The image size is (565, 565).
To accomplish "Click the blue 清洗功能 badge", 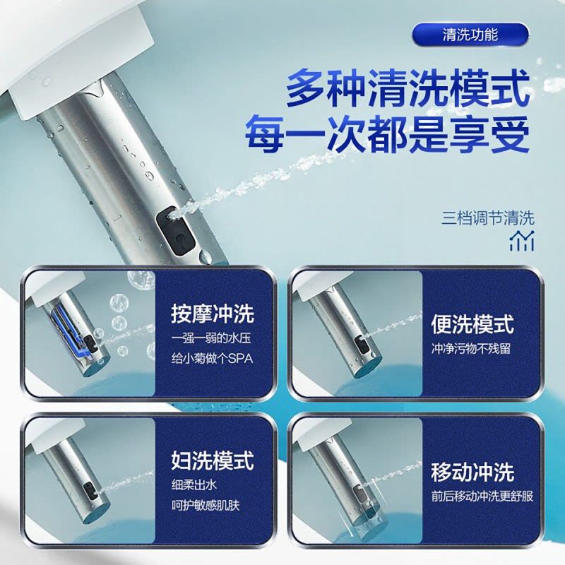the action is click(470, 35).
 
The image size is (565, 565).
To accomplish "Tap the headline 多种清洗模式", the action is click(408, 88).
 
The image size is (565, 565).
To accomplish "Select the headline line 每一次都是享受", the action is click(387, 133).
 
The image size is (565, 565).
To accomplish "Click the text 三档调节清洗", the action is click(488, 218).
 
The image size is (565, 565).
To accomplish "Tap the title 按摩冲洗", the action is click(213, 314).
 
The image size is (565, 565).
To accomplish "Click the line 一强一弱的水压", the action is click(211, 339).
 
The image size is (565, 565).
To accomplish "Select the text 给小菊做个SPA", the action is click(213, 359).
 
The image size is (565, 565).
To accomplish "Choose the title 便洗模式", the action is click(472, 324).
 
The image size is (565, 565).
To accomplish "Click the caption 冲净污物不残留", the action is click(471, 349).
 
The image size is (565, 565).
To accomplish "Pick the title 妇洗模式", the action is click(213, 460).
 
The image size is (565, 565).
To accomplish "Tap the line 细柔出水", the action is click(194, 485).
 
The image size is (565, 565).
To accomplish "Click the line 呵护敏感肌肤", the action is click(206, 505).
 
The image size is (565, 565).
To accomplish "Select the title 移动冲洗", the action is click(472, 472).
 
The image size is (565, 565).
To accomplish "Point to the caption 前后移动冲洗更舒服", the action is click(482, 496).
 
